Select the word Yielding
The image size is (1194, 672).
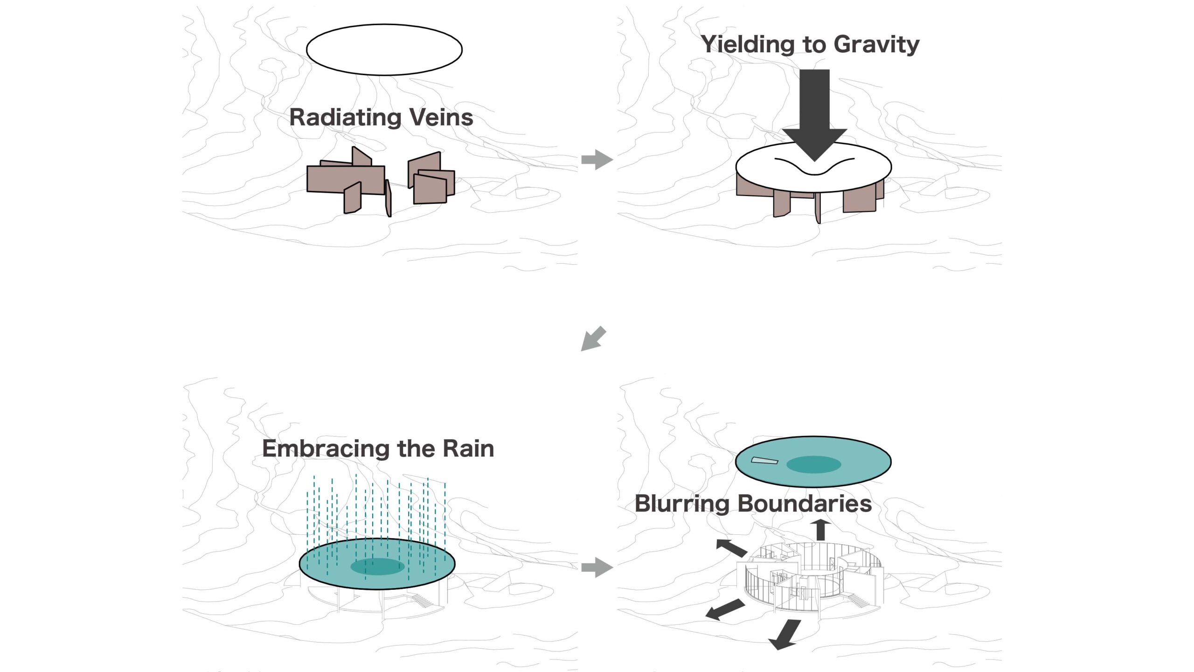[x=747, y=45]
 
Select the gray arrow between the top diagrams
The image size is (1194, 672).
[x=597, y=159]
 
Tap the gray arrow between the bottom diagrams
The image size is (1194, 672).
[x=597, y=567]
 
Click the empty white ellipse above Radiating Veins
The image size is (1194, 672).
[x=384, y=49]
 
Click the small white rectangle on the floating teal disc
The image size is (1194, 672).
[x=764, y=461]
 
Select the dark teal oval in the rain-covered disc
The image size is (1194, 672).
[x=377, y=567]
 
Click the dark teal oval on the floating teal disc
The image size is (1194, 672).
[x=813, y=464]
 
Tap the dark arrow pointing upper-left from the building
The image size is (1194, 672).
[x=731, y=547]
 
